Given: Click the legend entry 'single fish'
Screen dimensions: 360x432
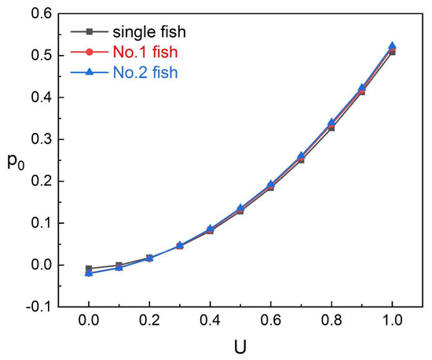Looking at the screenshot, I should pos(147,32).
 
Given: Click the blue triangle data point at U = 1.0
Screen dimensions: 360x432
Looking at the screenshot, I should pos(392,46).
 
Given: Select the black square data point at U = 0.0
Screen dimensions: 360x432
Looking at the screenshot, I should pos(89,269).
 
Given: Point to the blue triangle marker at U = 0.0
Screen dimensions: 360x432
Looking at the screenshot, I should pos(89,273).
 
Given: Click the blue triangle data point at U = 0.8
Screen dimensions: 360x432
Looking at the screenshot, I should pos(331,123).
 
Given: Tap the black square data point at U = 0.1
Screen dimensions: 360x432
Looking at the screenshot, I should pos(119,266).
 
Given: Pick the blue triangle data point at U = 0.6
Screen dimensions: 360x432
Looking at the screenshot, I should pos(271,184).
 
